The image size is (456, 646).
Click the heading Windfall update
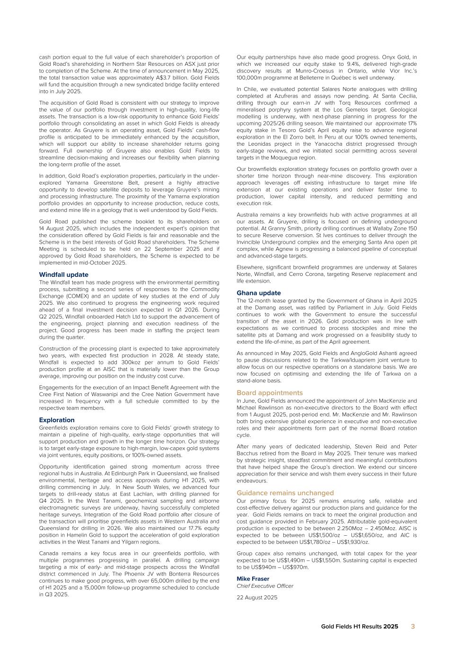click(63, 274)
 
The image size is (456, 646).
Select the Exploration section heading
click(57, 420)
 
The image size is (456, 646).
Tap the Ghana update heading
click(258, 293)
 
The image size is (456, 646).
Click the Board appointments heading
click(270, 393)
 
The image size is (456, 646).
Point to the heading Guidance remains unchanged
click(285, 493)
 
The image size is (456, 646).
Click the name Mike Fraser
click(253, 579)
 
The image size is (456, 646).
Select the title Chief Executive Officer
click(264, 586)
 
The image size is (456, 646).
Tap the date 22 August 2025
click(257, 597)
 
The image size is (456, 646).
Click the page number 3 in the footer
click(412, 626)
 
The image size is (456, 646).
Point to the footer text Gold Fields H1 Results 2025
click(359, 627)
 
